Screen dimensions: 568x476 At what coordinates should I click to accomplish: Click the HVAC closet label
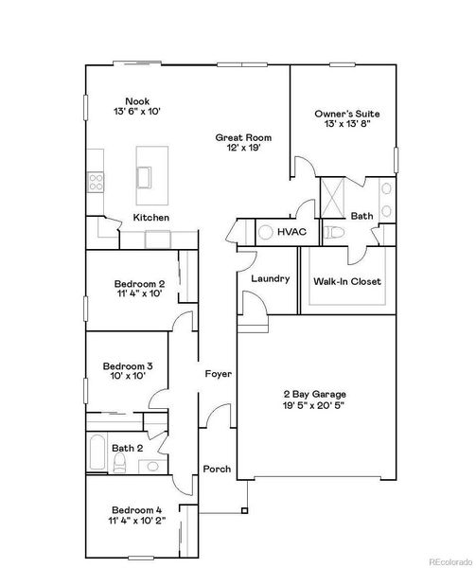(x=290, y=231)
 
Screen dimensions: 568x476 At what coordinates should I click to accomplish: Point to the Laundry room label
(x=270, y=278)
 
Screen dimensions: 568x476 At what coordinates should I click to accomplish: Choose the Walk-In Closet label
(x=346, y=281)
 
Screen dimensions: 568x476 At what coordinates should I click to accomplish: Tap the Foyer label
(x=219, y=374)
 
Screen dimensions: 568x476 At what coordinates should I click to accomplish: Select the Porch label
(x=217, y=469)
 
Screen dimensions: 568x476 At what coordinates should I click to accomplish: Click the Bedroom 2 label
(x=140, y=284)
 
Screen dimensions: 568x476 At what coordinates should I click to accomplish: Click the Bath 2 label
(x=126, y=448)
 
